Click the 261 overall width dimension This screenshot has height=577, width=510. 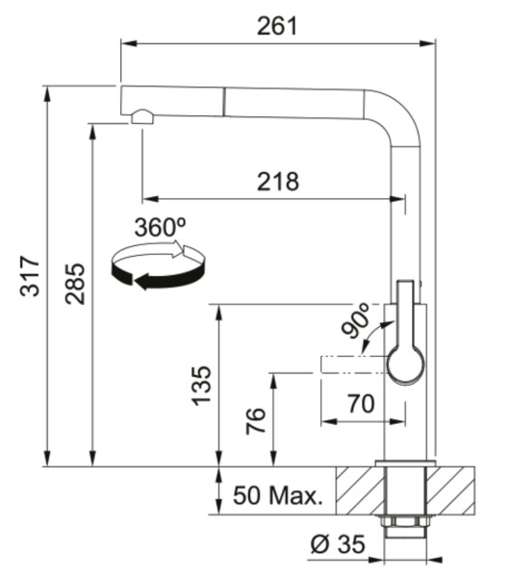pyautogui.click(x=277, y=26)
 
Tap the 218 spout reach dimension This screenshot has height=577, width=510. pyautogui.click(x=278, y=182)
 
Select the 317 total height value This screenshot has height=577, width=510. pyautogui.click(x=30, y=276)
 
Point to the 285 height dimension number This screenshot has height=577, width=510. pyautogui.click(x=75, y=284)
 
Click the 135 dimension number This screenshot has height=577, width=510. pyautogui.click(x=202, y=386)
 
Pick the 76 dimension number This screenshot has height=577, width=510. pyautogui.click(x=256, y=421)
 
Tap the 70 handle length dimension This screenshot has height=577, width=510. pyautogui.click(x=361, y=403)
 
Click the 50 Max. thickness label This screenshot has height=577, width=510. pyautogui.click(x=278, y=495)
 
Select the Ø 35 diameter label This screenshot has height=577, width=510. pyautogui.click(x=338, y=544)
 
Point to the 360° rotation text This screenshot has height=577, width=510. pyautogui.click(x=160, y=227)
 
